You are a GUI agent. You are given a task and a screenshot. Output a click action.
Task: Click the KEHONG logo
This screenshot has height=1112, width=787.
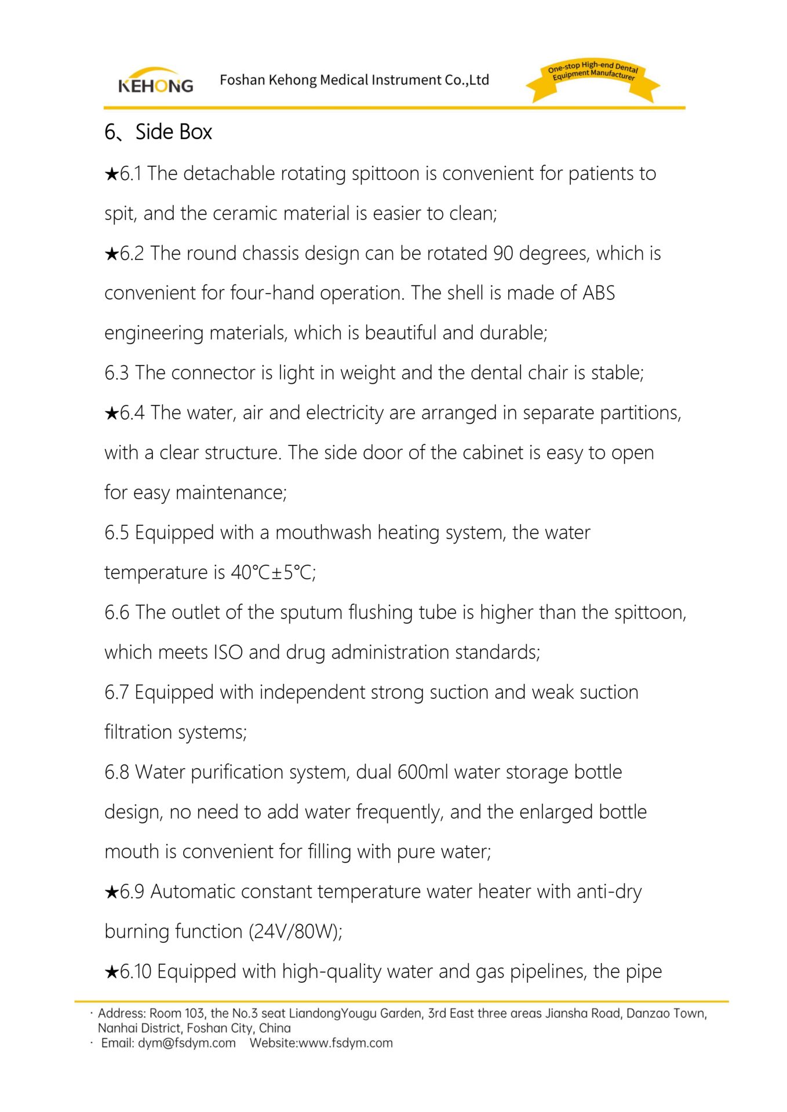click(x=155, y=82)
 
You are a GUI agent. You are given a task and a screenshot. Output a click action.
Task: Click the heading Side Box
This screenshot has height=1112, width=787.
click(x=173, y=132)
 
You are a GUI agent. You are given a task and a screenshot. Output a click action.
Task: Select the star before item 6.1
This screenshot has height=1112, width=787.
click(x=111, y=174)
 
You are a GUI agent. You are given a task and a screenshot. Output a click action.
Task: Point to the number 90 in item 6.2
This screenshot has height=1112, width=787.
click(x=503, y=254)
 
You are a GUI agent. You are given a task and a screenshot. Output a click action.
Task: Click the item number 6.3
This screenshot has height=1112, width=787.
click(x=116, y=373)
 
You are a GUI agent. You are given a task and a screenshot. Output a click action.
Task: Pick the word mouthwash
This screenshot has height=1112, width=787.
click(x=323, y=533)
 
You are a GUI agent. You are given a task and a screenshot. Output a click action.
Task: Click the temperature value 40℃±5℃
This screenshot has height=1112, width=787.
click(x=272, y=573)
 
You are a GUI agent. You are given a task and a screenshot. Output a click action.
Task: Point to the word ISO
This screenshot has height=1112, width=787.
click(x=228, y=653)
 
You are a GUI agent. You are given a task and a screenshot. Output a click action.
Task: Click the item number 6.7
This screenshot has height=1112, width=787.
click(x=116, y=693)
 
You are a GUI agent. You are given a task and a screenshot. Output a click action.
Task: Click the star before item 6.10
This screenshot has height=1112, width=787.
click(x=111, y=972)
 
